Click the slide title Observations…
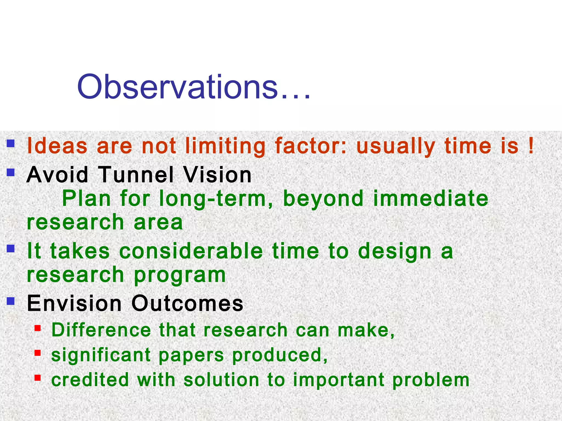tap(194, 87)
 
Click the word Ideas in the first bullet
tap(57, 146)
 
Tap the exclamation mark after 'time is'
tap(531, 146)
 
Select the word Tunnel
tap(136, 175)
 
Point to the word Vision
tap(217, 175)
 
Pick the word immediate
tap(431, 199)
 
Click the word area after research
tap(158, 222)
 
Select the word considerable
tap(191, 251)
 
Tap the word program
tap(180, 275)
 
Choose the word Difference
tap(101, 330)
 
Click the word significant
tap(101, 355)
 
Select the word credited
tap(90, 380)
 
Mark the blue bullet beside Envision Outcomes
tap(11, 301)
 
